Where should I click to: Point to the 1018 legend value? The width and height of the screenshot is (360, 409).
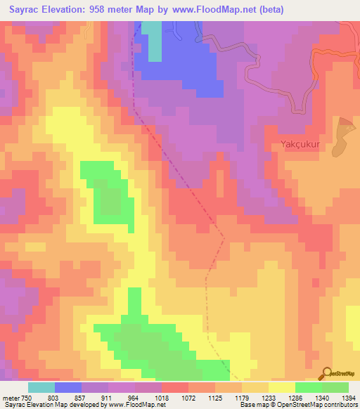(x=162, y=398)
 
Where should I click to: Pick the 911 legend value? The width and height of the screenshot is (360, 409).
(x=109, y=398)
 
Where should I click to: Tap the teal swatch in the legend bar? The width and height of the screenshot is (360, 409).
(x=41, y=387)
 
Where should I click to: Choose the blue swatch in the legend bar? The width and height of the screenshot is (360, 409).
(x=68, y=387)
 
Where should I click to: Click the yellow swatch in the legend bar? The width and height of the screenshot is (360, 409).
(x=281, y=387)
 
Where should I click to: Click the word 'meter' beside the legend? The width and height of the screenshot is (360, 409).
(x=9, y=398)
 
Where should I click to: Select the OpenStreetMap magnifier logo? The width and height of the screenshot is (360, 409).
(x=326, y=373)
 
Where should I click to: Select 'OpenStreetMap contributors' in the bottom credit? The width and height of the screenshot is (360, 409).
(x=320, y=405)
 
